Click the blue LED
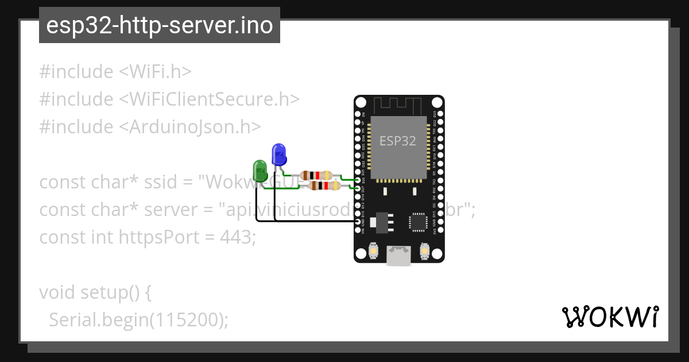(x=278, y=155)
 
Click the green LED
(x=260, y=171)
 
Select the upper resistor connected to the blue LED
(x=316, y=175)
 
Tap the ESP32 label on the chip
(x=398, y=141)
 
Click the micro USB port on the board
(x=398, y=255)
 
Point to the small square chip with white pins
(x=417, y=222)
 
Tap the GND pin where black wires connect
(x=359, y=221)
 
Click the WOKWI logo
(x=610, y=317)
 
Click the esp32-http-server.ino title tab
(x=159, y=25)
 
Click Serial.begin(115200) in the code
(x=138, y=319)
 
